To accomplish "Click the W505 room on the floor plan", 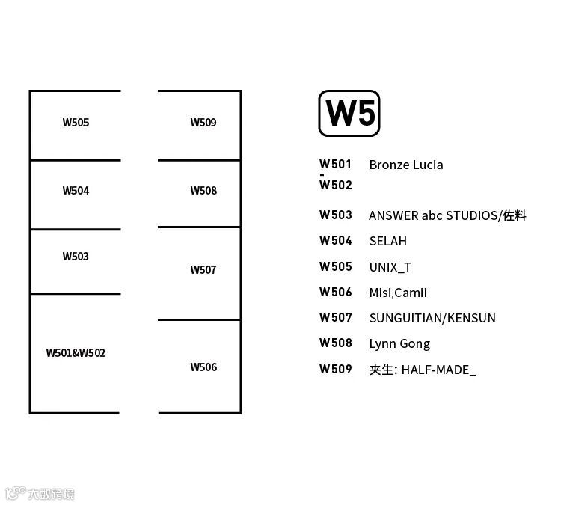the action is click(76, 123).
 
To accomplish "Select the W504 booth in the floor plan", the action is click(76, 191).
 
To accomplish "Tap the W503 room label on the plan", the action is click(76, 257).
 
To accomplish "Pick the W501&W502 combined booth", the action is click(76, 352).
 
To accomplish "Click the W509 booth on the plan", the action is click(203, 123).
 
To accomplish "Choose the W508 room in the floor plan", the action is click(203, 191).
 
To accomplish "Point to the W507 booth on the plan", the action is click(203, 270).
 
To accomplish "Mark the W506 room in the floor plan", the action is click(203, 367).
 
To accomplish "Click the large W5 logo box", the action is click(349, 114).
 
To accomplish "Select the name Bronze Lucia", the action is click(406, 165).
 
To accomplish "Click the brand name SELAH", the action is click(388, 241).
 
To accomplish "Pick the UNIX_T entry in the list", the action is click(390, 266).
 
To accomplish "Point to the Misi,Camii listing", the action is click(398, 293).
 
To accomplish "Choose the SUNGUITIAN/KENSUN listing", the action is click(432, 318).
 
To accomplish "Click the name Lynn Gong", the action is click(399, 343).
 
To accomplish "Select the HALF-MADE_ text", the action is click(439, 370).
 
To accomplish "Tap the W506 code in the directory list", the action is click(336, 292).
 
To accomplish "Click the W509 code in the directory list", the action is click(336, 369).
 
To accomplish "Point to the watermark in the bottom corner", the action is click(40, 494).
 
